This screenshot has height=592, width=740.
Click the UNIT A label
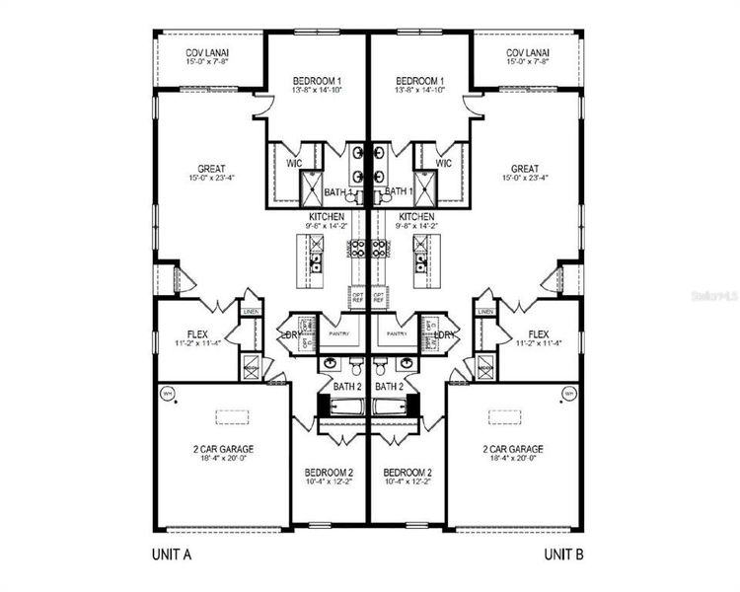point(171,554)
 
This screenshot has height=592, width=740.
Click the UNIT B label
point(565,554)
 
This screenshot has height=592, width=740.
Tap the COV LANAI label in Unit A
point(209,53)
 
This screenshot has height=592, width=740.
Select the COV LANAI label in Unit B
point(528,53)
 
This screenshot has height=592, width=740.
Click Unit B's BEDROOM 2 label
point(409,473)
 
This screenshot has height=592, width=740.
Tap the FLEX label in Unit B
point(539,333)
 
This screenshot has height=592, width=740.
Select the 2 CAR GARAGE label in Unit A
point(222,449)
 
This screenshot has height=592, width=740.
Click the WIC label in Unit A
point(294,163)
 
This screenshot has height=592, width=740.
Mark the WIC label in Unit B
point(443,163)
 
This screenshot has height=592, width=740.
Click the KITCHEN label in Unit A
point(328,216)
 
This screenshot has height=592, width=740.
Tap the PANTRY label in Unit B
point(397,333)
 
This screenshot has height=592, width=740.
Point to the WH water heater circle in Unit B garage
point(569,394)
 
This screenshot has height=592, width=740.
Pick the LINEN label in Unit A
point(252,312)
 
